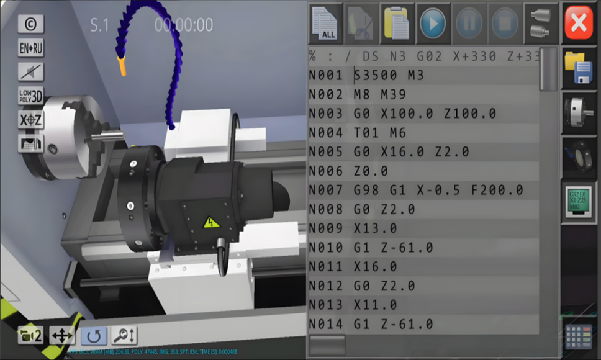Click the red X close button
pos(579,23)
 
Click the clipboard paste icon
pos(397,23)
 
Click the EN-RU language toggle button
pos(30,48)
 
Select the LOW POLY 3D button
pos(30,96)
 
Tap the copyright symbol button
pos(30,24)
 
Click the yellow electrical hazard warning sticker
pos(212,220)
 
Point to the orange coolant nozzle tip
pos(122,65)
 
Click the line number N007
pos(326,191)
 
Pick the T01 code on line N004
pos(368,133)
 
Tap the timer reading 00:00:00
pos(184,25)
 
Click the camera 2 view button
pos(30,336)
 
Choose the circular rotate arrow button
pos(93,336)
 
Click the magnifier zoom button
pos(124,336)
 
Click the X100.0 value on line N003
pos(410,114)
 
